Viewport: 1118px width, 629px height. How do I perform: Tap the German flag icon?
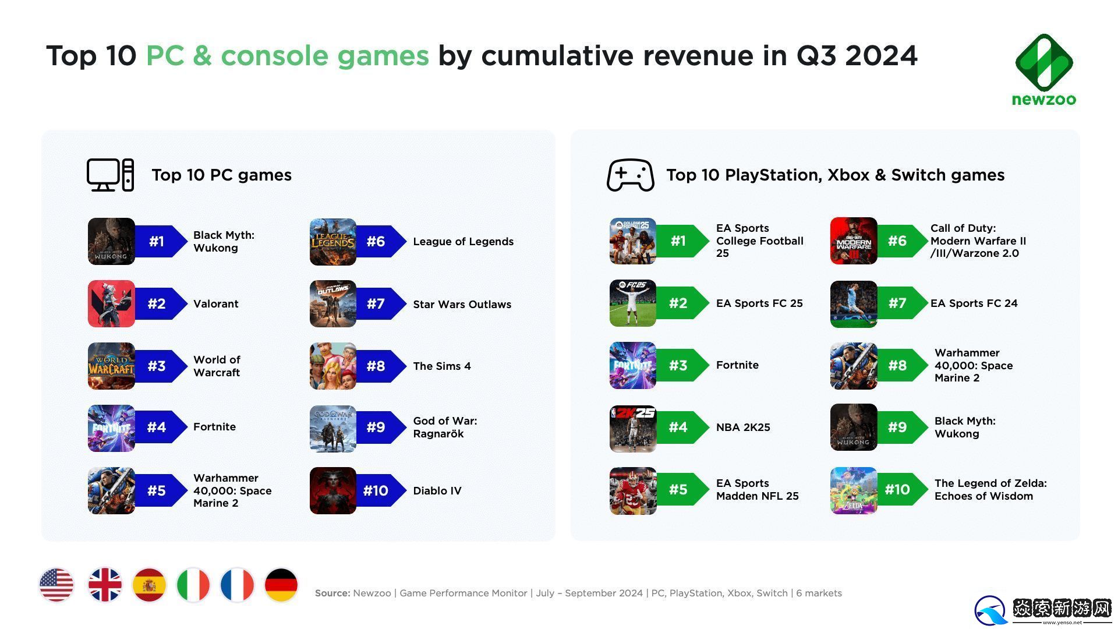[281, 585]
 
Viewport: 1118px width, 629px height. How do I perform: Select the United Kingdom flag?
[105, 585]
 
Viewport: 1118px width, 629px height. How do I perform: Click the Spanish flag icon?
[149, 585]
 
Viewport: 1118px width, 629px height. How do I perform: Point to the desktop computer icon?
[110, 175]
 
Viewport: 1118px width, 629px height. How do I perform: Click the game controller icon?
[630, 175]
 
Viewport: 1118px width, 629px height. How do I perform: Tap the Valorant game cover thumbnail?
[111, 303]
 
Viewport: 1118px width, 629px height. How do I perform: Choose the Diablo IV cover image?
[332, 490]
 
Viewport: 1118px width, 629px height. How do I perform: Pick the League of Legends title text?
[463, 242]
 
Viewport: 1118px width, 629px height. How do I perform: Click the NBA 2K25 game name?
[743, 427]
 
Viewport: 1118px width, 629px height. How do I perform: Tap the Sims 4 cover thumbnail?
[332, 366]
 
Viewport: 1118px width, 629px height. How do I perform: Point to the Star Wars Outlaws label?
[462, 304]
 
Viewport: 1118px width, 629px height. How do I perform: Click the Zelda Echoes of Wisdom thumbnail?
[853, 490]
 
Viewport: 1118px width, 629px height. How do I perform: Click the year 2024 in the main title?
[881, 56]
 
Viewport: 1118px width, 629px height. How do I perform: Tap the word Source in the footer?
[332, 593]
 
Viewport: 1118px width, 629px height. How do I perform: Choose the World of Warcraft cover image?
[111, 366]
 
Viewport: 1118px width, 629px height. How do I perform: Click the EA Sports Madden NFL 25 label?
[757, 490]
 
